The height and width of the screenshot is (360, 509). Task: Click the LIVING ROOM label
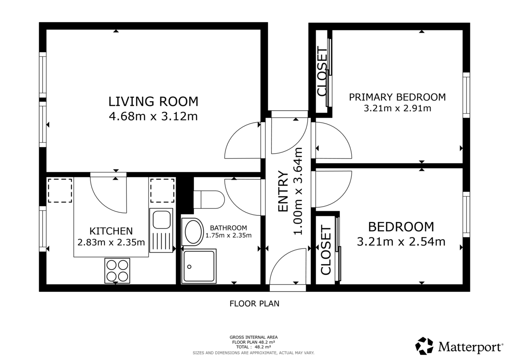tap(153, 102)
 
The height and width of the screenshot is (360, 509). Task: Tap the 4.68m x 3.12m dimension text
tap(153, 116)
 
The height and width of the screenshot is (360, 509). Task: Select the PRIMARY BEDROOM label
tap(397, 97)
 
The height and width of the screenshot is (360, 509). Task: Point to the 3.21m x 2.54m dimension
tap(401, 242)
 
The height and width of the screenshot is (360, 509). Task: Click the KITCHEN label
tap(111, 231)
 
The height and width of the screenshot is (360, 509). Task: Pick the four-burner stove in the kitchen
tap(117, 271)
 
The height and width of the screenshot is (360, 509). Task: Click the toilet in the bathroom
tap(208, 199)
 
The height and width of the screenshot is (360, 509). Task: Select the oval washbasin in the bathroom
tap(194, 232)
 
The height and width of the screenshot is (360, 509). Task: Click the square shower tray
tap(199, 266)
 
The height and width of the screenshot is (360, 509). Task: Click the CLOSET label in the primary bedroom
tap(322, 72)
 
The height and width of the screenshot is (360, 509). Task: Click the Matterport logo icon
tap(424, 346)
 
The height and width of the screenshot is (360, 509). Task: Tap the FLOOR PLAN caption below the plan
tap(254, 304)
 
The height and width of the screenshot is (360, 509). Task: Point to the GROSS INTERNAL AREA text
tap(254, 338)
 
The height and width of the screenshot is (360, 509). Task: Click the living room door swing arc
tap(242, 140)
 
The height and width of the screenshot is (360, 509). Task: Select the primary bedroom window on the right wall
tap(466, 95)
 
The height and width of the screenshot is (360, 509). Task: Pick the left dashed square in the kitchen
tap(60, 190)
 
